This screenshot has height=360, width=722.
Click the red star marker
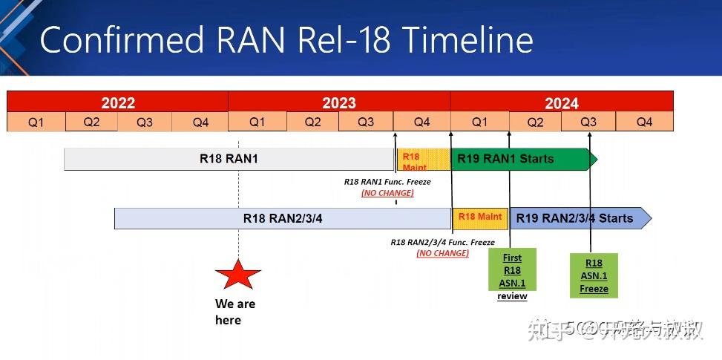(x=238, y=275)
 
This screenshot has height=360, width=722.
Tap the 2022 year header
(x=118, y=102)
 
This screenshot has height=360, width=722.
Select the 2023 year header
(x=339, y=102)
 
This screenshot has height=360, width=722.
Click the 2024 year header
(x=562, y=102)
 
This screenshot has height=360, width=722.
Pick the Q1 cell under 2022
(x=36, y=122)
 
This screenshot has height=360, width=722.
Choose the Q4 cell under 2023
(x=421, y=122)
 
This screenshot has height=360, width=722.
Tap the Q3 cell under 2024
(x=588, y=122)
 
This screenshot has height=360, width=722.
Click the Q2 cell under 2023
(x=313, y=122)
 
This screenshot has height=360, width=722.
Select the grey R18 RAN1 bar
(x=229, y=159)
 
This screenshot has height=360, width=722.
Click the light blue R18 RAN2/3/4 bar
(x=283, y=218)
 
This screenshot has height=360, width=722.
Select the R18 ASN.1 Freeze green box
(x=594, y=275)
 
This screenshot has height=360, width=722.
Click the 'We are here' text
(x=234, y=312)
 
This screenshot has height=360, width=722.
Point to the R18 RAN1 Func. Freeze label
(x=387, y=181)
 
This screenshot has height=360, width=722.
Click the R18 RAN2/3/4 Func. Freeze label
(x=442, y=242)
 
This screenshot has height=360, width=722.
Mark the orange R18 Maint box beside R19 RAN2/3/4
(x=480, y=217)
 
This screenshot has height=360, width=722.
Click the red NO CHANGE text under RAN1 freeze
(x=387, y=193)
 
